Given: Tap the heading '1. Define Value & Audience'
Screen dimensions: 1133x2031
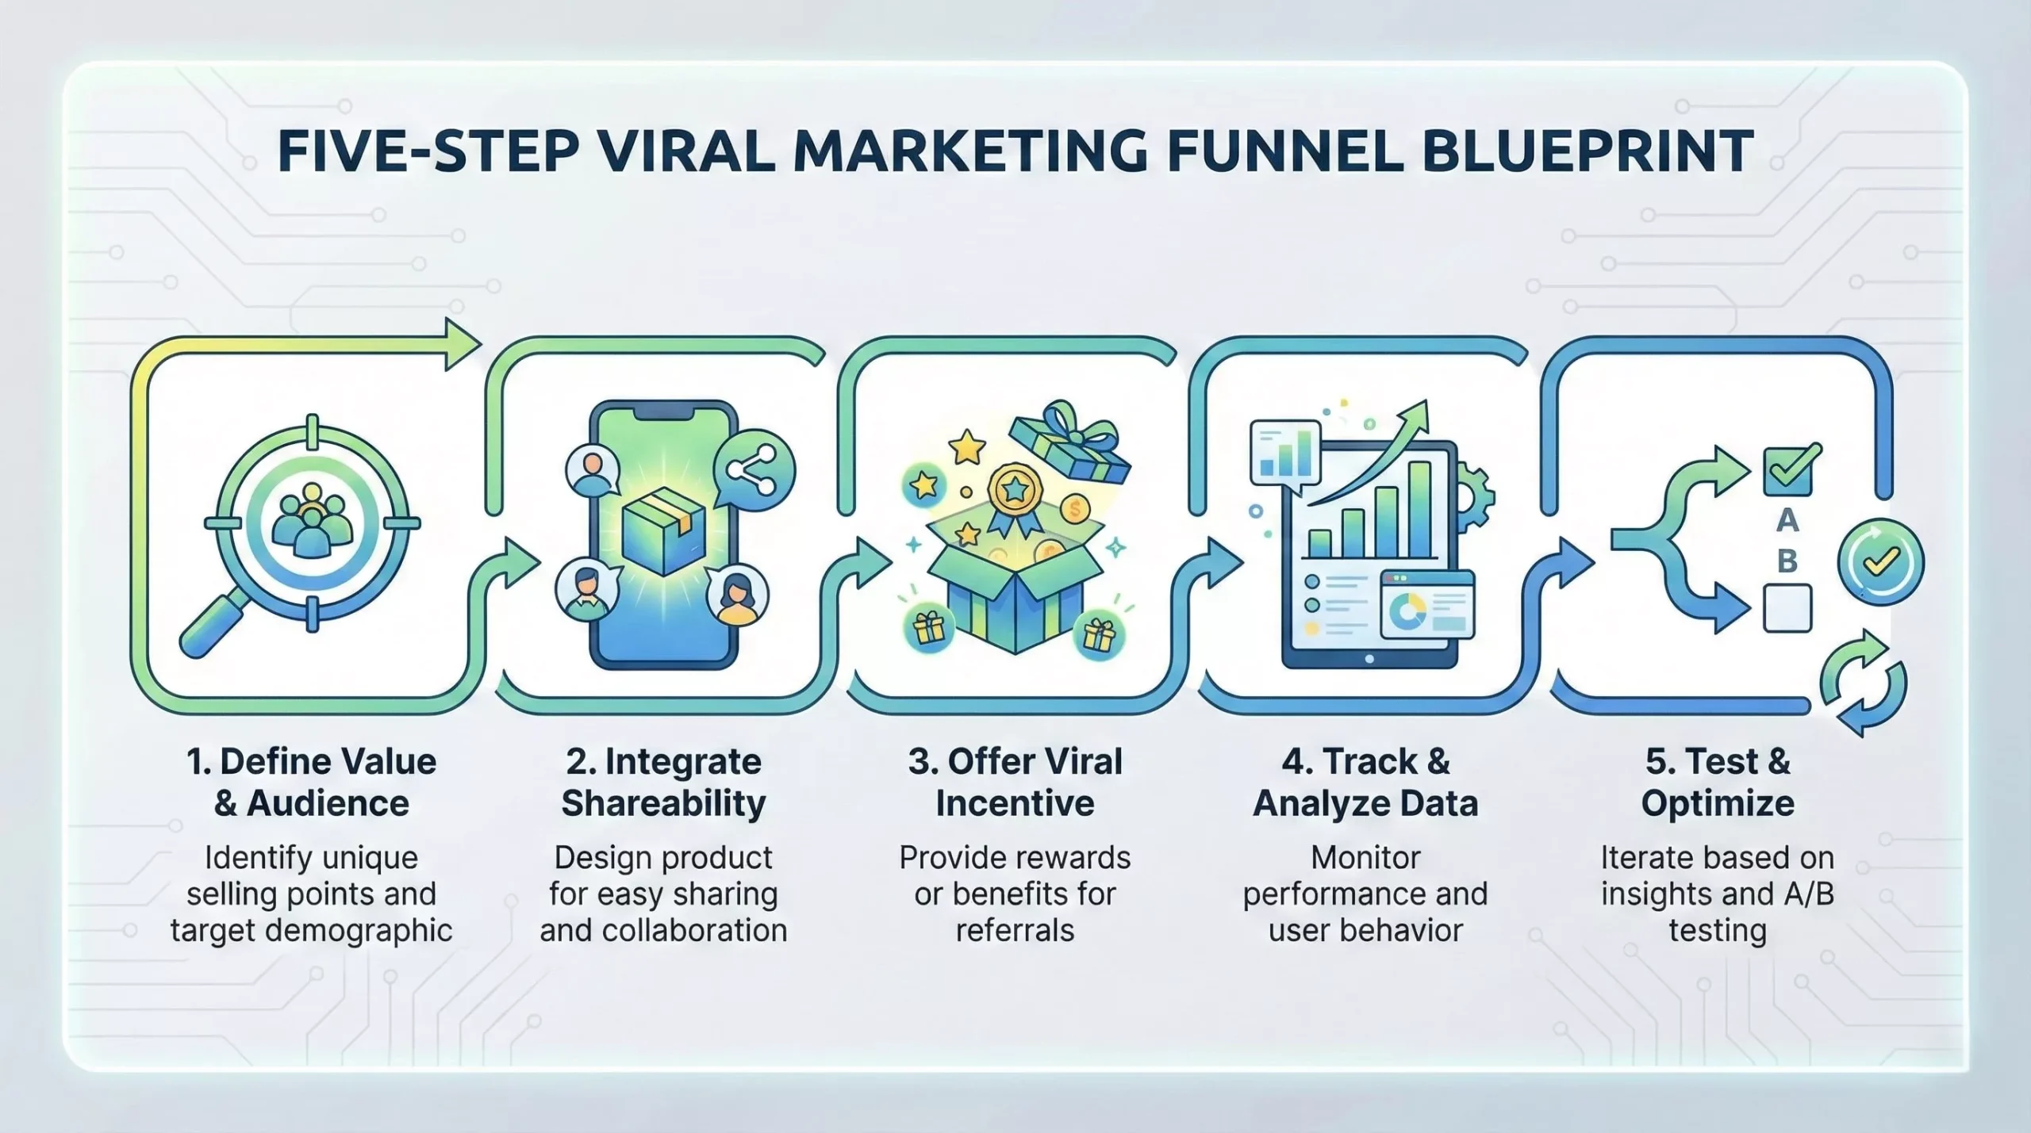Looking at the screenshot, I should tap(311, 782).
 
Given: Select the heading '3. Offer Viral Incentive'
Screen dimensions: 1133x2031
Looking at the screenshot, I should tap(1015, 782).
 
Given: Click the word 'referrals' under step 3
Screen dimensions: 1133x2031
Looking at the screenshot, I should tap(1015, 930).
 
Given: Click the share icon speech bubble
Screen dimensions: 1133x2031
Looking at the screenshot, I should tap(753, 470).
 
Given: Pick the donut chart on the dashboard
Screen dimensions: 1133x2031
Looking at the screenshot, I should tap(1408, 611).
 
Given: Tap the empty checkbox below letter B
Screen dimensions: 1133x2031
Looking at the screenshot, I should tap(1787, 608).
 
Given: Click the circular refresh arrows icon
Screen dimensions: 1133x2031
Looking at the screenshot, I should tap(1862, 683).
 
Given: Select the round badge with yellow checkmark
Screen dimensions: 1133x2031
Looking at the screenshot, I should tap(1880, 561).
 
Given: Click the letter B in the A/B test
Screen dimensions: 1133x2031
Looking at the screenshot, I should tap(1787, 561).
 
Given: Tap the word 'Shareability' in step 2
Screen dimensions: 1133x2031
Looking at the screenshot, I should tap(663, 803).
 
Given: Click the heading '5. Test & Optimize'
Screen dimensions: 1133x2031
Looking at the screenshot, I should tap(1718, 782).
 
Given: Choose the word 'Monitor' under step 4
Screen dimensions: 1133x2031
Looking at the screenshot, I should tap(1365, 857).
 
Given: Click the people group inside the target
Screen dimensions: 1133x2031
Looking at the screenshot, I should tap(312, 523).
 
